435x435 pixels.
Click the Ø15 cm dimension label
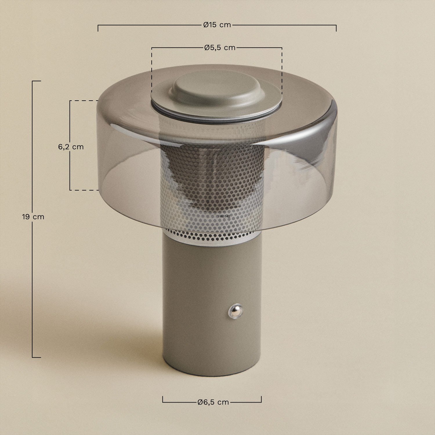tap(217, 25)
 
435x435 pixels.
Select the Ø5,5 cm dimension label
tap(220, 48)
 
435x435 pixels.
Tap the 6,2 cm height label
tap(71, 147)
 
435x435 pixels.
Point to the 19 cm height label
tap(33, 217)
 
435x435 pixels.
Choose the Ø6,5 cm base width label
tap(213, 402)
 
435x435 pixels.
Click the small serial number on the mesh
tap(224, 216)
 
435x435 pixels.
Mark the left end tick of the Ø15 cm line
tap(98, 28)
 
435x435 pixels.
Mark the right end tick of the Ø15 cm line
tap(336, 28)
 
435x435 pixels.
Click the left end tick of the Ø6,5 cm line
tap(163, 399)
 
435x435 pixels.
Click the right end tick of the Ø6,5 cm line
tap(261, 399)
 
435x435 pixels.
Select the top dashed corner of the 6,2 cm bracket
tap(70, 101)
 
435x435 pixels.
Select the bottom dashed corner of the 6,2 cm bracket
tap(70, 190)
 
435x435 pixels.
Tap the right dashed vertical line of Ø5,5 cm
tap(282, 70)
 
